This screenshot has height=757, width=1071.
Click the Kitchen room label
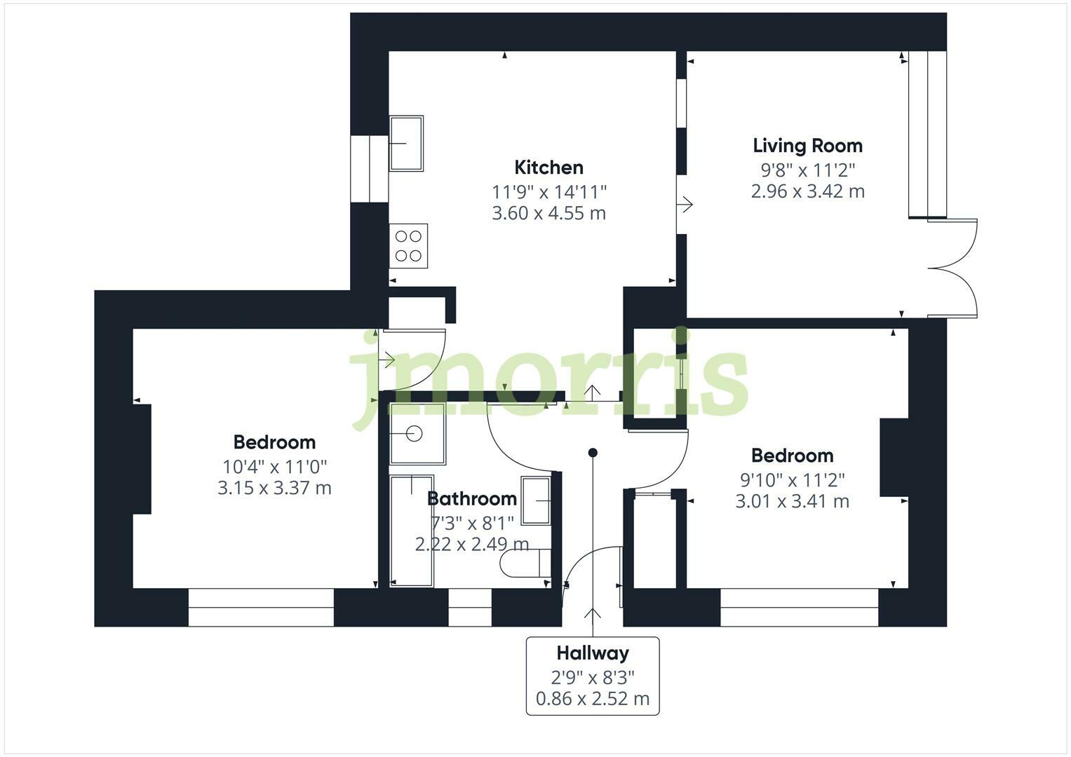tap(548, 168)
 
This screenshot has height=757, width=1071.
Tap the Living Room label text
tap(807, 146)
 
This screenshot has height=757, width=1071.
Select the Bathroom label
tap(471, 499)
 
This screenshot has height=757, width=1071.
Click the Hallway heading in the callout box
tap(593, 653)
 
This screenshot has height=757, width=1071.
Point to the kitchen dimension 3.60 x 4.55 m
tap(548, 213)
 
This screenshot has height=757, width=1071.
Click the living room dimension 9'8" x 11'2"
tap(807, 170)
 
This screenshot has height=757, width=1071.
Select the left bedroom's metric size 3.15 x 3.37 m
tap(274, 488)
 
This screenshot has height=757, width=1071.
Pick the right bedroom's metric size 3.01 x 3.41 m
tap(792, 501)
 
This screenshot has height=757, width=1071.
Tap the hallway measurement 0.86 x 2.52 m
tap(593, 699)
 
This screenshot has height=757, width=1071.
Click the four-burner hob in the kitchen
tap(408, 246)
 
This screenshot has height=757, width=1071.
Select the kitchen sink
tap(406, 144)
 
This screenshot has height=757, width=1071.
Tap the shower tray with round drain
tap(417, 434)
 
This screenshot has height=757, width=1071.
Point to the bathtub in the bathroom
tap(412, 531)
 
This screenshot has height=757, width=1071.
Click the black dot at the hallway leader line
tap(593, 453)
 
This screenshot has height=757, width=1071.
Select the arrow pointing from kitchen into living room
tap(685, 205)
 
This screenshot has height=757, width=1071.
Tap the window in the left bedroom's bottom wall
tap(261, 607)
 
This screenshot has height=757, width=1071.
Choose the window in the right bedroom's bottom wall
tap(799, 607)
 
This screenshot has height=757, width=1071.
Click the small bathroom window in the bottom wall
tap(469, 607)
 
